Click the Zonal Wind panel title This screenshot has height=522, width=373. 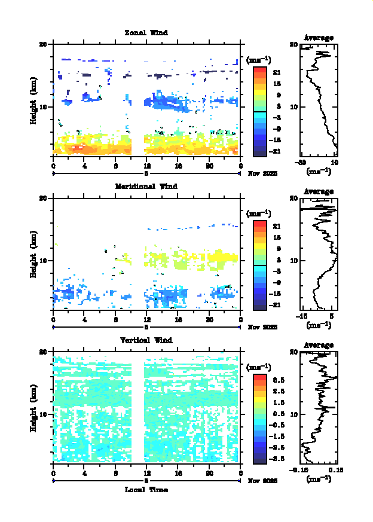point(146,32)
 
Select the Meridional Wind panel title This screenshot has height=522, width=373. point(146,186)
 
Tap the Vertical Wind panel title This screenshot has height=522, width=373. point(146,340)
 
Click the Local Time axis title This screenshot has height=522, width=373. point(146,490)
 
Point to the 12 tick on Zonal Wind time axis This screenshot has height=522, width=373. point(146,166)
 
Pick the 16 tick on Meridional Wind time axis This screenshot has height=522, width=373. point(178,320)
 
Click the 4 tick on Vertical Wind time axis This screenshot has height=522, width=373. point(84,474)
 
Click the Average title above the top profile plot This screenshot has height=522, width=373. point(319,38)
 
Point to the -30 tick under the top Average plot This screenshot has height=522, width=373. point(302,163)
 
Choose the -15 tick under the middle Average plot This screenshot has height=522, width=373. point(302,316)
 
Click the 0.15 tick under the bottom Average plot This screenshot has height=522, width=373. point(334,471)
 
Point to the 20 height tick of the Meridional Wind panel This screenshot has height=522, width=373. point(43,198)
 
